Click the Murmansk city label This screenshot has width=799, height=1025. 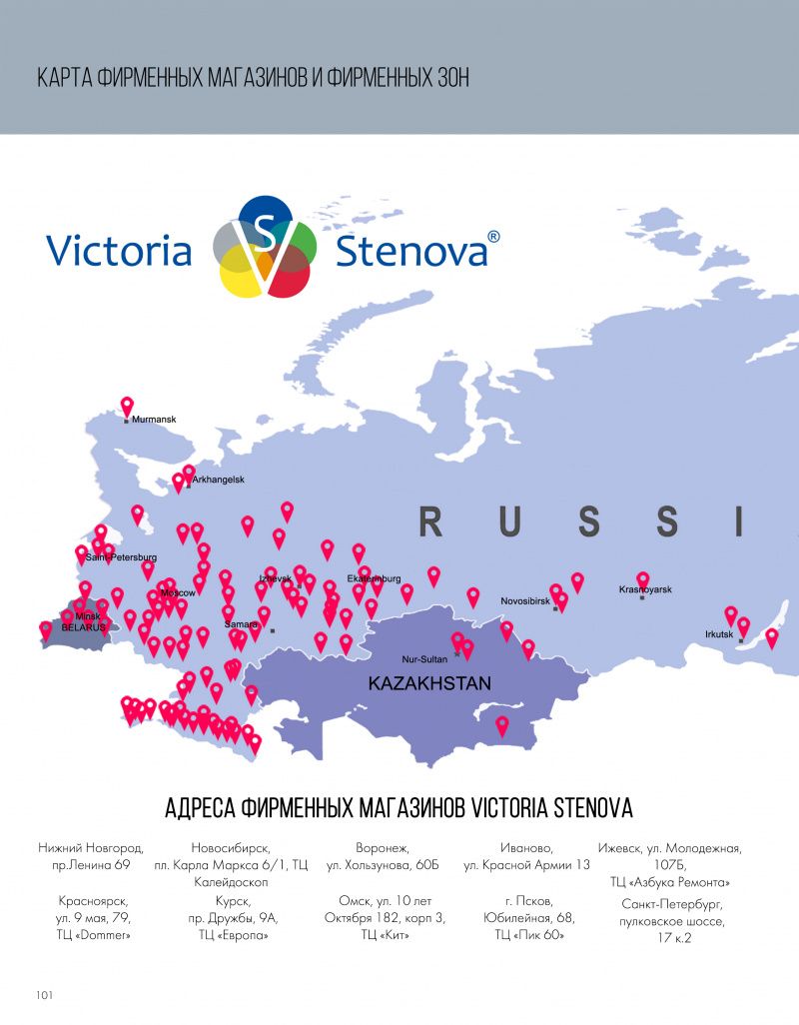click(154, 420)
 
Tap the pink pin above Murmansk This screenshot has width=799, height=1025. click(127, 407)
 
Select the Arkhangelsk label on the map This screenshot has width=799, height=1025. click(218, 480)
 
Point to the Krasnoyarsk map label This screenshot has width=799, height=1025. click(645, 590)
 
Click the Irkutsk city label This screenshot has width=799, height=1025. click(719, 634)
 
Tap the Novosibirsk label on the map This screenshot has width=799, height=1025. click(526, 603)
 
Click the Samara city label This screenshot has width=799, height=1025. click(241, 624)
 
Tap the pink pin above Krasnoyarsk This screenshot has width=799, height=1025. click(643, 578)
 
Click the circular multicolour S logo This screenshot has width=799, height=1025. click(266, 247)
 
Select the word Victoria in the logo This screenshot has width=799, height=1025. click(119, 250)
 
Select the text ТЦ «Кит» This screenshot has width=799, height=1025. click(385, 935)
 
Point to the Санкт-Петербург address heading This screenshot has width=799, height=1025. click(669, 902)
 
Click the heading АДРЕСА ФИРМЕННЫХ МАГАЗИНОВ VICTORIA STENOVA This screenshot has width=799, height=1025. click(399, 808)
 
